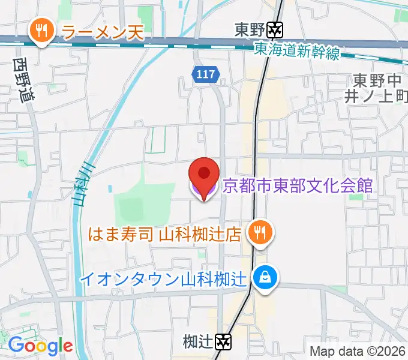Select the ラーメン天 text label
point(103,32)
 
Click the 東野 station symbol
point(276,29)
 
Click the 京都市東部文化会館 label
point(297,185)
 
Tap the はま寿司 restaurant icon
point(259,232)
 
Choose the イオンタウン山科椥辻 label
point(164,278)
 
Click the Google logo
point(40,346)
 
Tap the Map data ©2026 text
point(358,351)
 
